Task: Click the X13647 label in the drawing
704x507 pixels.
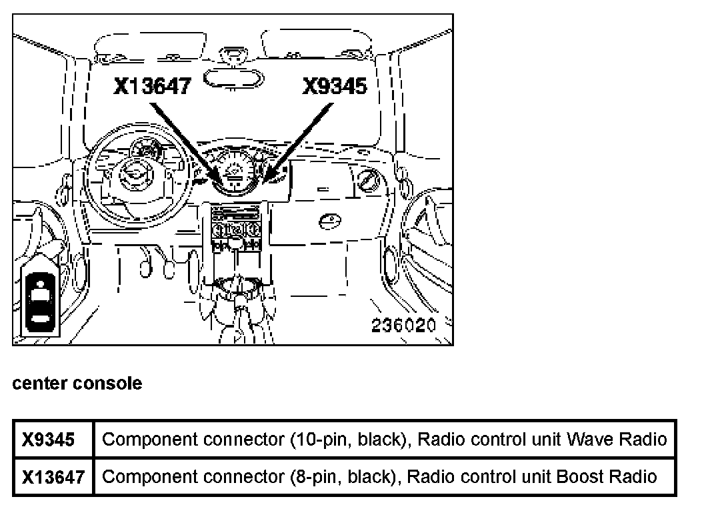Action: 152,87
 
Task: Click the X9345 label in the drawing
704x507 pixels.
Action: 335,87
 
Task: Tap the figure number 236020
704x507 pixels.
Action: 403,326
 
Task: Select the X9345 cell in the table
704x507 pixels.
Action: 47,440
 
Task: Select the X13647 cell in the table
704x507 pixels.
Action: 53,477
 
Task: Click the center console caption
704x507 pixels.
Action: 77,384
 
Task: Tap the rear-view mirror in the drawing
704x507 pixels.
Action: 233,77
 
